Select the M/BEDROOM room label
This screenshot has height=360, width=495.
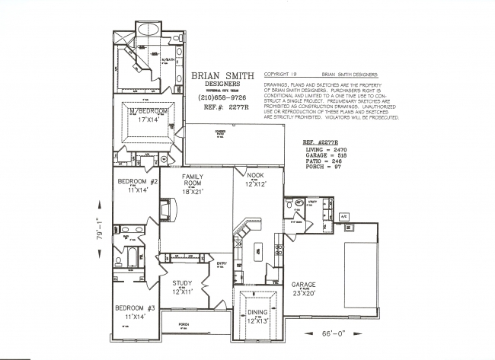(148, 111)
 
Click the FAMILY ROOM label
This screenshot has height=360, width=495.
(196, 180)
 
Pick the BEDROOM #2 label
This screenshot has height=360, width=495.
(137, 182)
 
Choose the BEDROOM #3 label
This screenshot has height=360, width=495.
(136, 307)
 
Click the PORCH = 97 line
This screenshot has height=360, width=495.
(321, 167)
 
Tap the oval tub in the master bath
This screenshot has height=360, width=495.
(146, 31)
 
